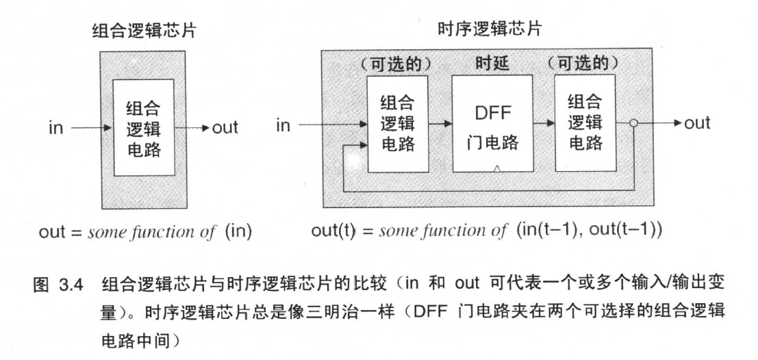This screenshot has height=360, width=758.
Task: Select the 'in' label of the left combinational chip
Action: coord(57,127)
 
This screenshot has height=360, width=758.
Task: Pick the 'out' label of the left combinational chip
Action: coord(223,128)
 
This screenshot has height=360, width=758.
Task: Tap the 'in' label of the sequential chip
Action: coord(283,125)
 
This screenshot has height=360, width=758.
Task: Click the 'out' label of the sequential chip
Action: coord(696,123)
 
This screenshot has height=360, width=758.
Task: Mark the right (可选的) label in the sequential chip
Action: coord(584,64)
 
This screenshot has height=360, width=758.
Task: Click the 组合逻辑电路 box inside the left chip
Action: coord(144,127)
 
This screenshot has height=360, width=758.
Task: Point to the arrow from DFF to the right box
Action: coord(544,124)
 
